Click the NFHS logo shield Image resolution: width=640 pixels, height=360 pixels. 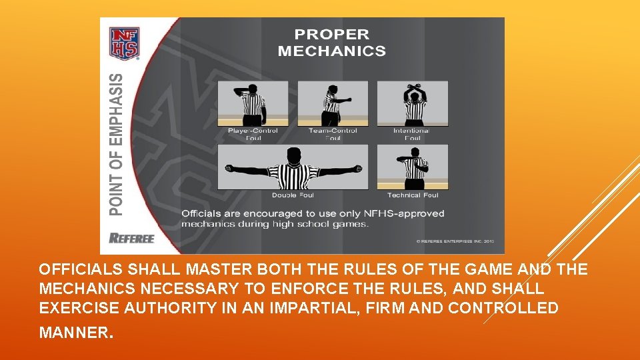coord(124,43)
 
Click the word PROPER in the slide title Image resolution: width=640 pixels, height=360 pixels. coord(331,35)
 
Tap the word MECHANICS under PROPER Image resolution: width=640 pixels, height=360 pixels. coord(331,51)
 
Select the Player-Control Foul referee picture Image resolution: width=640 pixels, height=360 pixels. coord(253,103)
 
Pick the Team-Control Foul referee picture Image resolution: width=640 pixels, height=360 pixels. coord(332,103)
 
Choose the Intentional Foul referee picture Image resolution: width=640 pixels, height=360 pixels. coord(413,103)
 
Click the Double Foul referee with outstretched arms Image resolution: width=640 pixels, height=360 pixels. coord(293,168)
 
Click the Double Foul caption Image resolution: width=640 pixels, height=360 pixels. coord(293,195)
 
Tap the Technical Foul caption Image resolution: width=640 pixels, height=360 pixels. coord(413,195)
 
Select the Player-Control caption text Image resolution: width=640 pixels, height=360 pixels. coord(253,131)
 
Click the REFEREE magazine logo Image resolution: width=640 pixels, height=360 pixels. coord(131,238)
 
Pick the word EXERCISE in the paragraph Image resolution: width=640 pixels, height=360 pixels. coord(72,309)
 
